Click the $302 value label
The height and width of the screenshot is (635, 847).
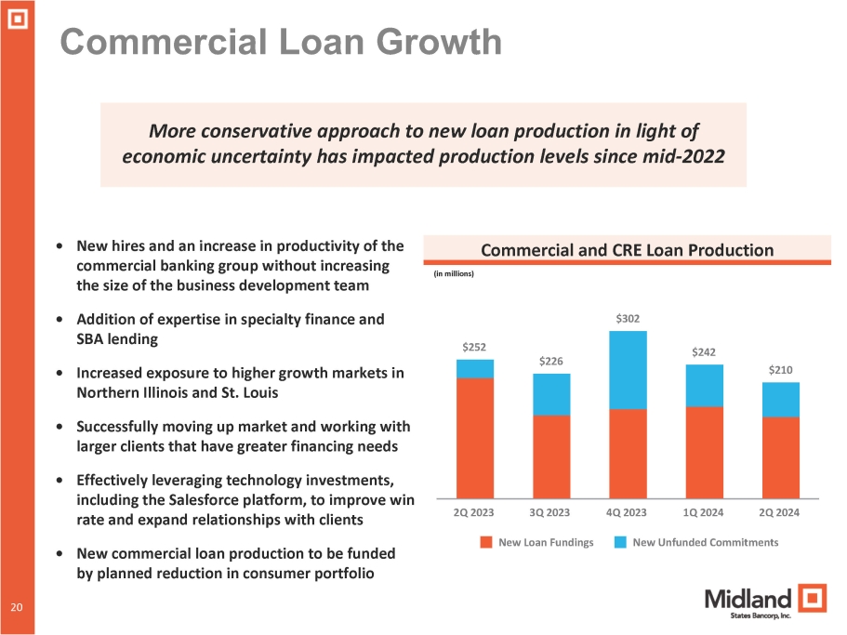click(628, 319)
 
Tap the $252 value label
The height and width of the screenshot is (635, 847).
click(475, 347)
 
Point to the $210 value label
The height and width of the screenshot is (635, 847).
click(780, 370)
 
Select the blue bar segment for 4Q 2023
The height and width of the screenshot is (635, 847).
click(628, 370)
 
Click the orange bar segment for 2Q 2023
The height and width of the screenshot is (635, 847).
click(475, 437)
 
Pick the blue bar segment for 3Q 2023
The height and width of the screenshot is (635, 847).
click(551, 394)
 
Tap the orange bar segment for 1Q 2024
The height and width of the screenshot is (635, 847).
click(704, 452)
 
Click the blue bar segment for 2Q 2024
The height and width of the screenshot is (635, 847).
click(780, 400)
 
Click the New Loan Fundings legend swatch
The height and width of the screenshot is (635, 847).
click(485, 542)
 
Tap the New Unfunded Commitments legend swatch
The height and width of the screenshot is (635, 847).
click(619, 542)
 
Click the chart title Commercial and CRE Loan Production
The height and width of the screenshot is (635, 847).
click(627, 250)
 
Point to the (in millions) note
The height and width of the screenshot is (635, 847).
click(455, 274)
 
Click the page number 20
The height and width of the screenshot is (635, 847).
click(16, 607)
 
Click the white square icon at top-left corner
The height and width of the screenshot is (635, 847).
click(17, 16)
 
